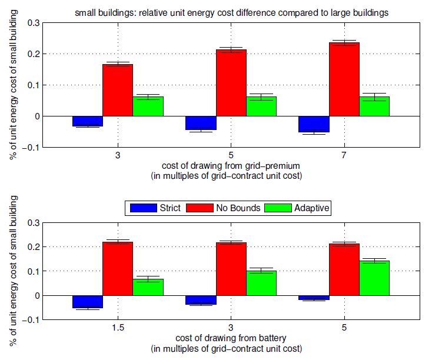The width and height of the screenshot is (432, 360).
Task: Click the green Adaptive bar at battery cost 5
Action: pos(374,278)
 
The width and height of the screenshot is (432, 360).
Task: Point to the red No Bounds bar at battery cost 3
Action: pos(231,269)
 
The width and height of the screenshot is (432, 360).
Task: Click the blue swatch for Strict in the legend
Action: pos(141,208)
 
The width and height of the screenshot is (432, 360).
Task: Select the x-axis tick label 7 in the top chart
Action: pos(344,156)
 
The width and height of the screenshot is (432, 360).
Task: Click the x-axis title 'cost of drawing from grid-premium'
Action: pos(231,166)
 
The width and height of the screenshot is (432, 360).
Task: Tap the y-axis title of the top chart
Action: pos(12,85)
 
